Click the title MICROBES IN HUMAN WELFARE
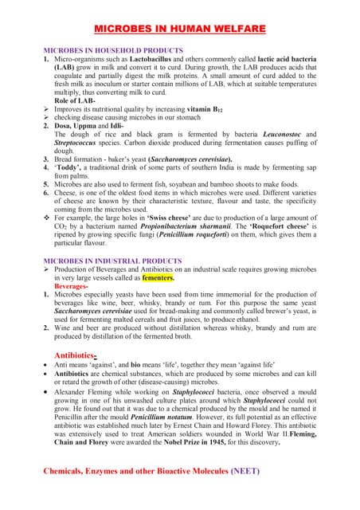pos(180,29)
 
